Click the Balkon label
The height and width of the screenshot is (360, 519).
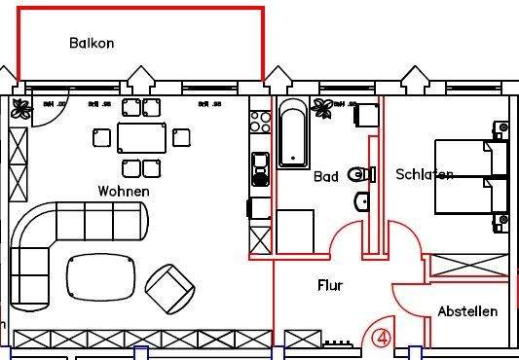pos(92,43)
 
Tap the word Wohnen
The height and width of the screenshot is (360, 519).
pos(124,192)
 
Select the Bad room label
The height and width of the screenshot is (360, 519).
pos(325,177)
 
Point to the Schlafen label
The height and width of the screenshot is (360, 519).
pos(424,175)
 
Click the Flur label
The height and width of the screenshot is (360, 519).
pos(330,285)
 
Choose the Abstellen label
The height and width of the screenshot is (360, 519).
pos(467,311)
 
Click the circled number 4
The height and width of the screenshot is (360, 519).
pos(381,338)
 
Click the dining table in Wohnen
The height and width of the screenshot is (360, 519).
pos(141,137)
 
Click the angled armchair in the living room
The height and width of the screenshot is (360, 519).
pos(171,284)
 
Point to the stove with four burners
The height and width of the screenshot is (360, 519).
pos(260,122)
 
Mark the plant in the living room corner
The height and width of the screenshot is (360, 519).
pos(20,110)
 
